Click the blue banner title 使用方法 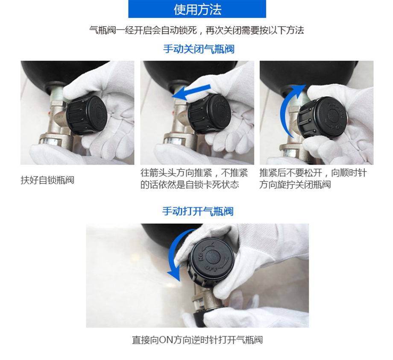click(x=197, y=9)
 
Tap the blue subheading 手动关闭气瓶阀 click(x=199, y=49)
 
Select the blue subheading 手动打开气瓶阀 click(x=198, y=211)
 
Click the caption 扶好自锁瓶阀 click(x=47, y=180)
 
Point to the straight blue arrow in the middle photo click(x=191, y=92)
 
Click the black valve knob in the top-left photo click(x=87, y=115)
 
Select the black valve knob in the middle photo click(x=209, y=114)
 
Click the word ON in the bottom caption click(x=166, y=340)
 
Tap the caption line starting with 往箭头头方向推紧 click(x=194, y=173)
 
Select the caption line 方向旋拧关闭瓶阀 click(x=295, y=185)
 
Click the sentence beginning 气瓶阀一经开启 click(x=197, y=30)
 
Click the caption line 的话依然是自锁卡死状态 click(x=190, y=185)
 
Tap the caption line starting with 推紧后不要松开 click(x=313, y=173)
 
